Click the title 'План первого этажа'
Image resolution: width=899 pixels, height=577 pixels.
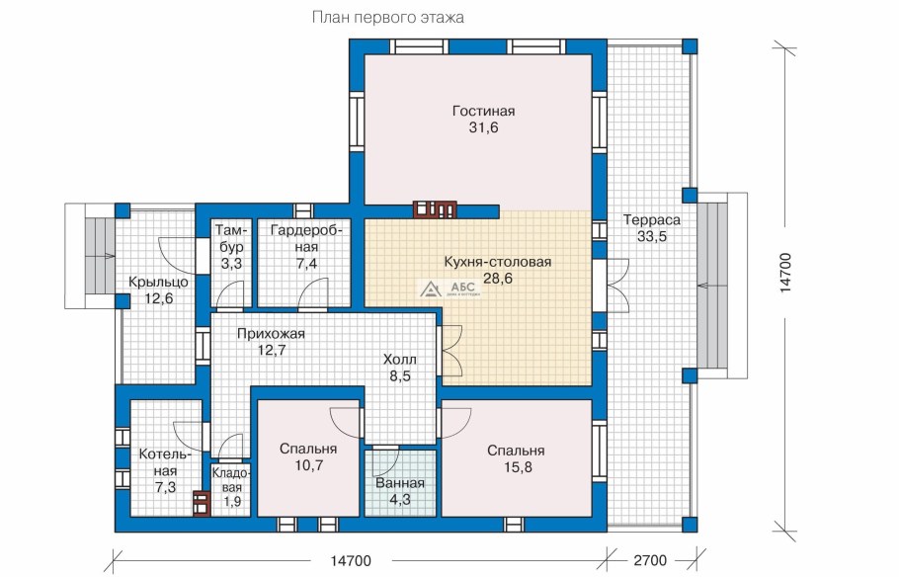tap(387, 17)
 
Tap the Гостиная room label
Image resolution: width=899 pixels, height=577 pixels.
tap(483, 111)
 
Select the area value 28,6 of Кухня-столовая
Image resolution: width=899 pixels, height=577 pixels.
tap(498, 279)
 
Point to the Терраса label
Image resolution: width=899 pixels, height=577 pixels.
tap(652, 219)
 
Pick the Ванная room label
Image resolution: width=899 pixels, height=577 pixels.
tap(400, 483)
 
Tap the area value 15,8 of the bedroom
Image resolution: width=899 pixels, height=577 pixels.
tap(518, 467)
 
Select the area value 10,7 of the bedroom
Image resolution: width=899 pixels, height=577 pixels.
tap(309, 465)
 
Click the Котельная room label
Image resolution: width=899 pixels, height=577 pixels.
tap(165, 462)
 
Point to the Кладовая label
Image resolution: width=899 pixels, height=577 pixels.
tap(231, 480)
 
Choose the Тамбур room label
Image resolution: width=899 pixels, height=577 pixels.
tap(231, 238)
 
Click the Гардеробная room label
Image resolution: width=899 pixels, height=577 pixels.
tap(306, 238)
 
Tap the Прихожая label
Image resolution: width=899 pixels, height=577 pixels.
tap(272, 333)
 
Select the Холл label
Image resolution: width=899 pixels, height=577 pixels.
tap(400, 360)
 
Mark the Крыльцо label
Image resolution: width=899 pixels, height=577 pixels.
tap(158, 283)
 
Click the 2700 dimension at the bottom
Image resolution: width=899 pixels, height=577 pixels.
tap(650, 560)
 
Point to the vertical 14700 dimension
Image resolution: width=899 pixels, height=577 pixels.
tap(785, 273)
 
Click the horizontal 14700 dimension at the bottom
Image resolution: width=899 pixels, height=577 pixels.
tap(351, 560)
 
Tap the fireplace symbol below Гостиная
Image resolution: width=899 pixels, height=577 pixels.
tap(435, 209)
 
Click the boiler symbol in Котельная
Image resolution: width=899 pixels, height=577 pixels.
tap(201, 504)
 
